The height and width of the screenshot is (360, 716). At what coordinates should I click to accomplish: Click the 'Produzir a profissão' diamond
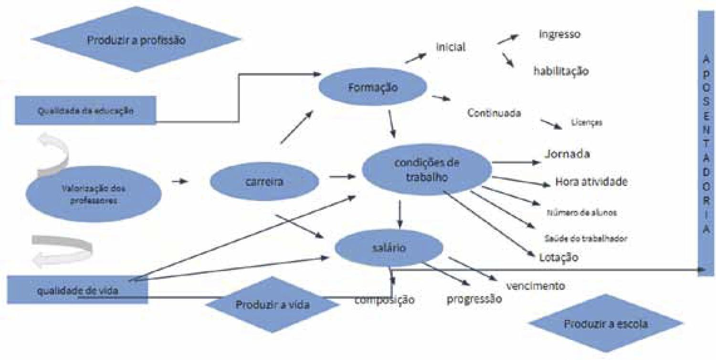[x=136, y=40]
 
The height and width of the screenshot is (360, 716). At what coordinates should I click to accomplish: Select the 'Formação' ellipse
[x=372, y=87]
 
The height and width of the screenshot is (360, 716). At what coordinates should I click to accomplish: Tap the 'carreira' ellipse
[x=264, y=181]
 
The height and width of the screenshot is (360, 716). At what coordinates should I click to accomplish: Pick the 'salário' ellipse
[x=390, y=248]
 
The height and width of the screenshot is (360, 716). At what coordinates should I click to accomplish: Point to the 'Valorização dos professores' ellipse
[x=94, y=194]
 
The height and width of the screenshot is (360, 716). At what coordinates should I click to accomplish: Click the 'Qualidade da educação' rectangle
[x=85, y=110]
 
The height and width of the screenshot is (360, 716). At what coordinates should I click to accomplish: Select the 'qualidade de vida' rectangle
[x=78, y=289]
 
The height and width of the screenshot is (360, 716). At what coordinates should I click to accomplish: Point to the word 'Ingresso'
[x=559, y=34]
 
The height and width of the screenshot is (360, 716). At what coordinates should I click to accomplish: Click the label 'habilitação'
[x=561, y=71]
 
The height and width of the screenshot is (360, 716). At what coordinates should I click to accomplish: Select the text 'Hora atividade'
[x=591, y=181]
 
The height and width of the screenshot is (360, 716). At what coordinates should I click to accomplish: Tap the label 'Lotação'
[x=558, y=257]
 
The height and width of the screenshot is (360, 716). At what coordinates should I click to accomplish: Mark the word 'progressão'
[x=474, y=299]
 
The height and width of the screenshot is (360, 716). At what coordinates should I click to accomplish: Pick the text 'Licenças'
[x=586, y=123]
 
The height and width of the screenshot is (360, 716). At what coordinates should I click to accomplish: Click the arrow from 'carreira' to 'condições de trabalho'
[x=342, y=177]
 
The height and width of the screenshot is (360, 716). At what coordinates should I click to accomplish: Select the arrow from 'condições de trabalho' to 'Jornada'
[x=516, y=162]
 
